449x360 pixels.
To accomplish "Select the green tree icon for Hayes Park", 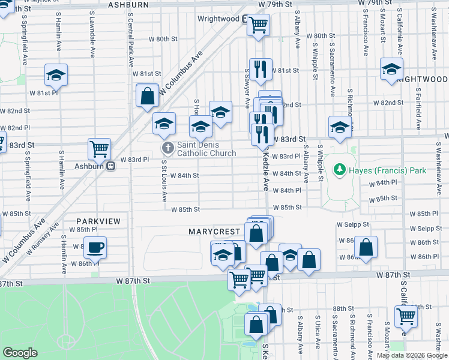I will (340, 170).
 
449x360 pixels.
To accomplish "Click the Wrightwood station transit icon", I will (246, 19).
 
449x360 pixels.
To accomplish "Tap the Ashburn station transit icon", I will (110, 166).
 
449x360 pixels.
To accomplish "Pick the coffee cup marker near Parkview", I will (95, 247).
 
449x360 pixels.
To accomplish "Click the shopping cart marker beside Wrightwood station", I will (258, 25).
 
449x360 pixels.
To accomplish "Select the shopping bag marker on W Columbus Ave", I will (147, 95).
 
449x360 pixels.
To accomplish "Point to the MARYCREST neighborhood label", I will (214, 231).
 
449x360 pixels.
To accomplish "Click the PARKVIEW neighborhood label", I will (97, 221).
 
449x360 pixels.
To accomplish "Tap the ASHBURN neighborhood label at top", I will (128, 5).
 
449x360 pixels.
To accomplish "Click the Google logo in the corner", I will (20, 353).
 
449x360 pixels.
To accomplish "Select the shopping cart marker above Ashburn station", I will (99, 148).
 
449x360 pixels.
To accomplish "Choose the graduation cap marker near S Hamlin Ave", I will (56, 74).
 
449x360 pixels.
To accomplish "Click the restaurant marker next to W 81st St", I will (261, 69).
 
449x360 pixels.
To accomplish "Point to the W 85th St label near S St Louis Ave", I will (185, 209).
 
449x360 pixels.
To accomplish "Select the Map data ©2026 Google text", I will (412, 355).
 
